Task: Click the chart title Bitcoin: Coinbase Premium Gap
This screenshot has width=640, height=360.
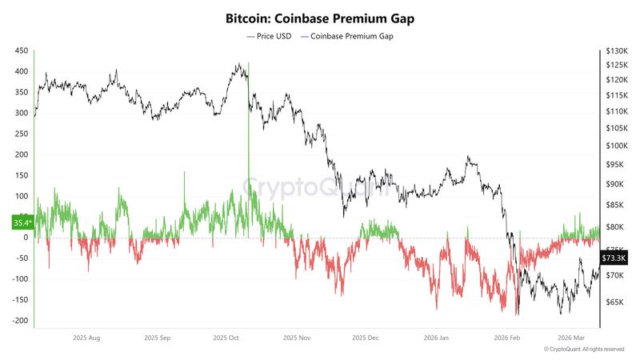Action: [320, 17]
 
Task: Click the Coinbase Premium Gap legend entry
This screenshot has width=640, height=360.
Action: [350, 36]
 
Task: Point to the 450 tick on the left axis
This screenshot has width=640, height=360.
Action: [22, 50]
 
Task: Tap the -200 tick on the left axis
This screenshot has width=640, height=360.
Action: [19, 321]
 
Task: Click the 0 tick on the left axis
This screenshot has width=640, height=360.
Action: [26, 238]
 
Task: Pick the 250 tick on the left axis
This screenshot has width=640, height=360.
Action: [22, 134]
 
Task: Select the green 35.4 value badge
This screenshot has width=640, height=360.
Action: [22, 222]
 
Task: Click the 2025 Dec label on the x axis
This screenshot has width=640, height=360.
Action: [365, 338]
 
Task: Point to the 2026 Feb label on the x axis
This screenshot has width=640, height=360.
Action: [506, 338]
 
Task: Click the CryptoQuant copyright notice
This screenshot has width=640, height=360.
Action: [583, 350]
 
